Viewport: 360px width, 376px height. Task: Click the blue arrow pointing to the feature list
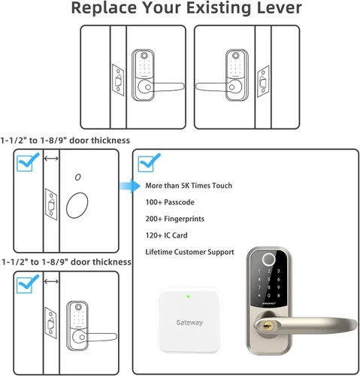(130, 186)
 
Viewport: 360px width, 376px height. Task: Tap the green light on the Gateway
(188, 296)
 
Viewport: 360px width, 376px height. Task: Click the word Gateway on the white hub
(189, 323)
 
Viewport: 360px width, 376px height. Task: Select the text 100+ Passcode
(170, 202)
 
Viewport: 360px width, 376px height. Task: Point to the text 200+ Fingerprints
(175, 219)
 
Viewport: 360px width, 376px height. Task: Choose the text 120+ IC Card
(166, 235)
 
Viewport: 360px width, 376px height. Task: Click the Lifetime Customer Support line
(189, 252)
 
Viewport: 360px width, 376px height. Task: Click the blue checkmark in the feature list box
(149, 162)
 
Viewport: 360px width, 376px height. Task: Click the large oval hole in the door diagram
(77, 205)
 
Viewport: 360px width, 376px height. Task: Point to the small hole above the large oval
(78, 177)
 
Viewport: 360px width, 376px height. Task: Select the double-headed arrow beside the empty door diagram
(51, 159)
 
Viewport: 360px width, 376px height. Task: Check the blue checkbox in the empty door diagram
(28, 162)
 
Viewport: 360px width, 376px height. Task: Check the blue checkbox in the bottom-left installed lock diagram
(28, 284)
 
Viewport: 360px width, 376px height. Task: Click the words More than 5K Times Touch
(189, 186)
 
